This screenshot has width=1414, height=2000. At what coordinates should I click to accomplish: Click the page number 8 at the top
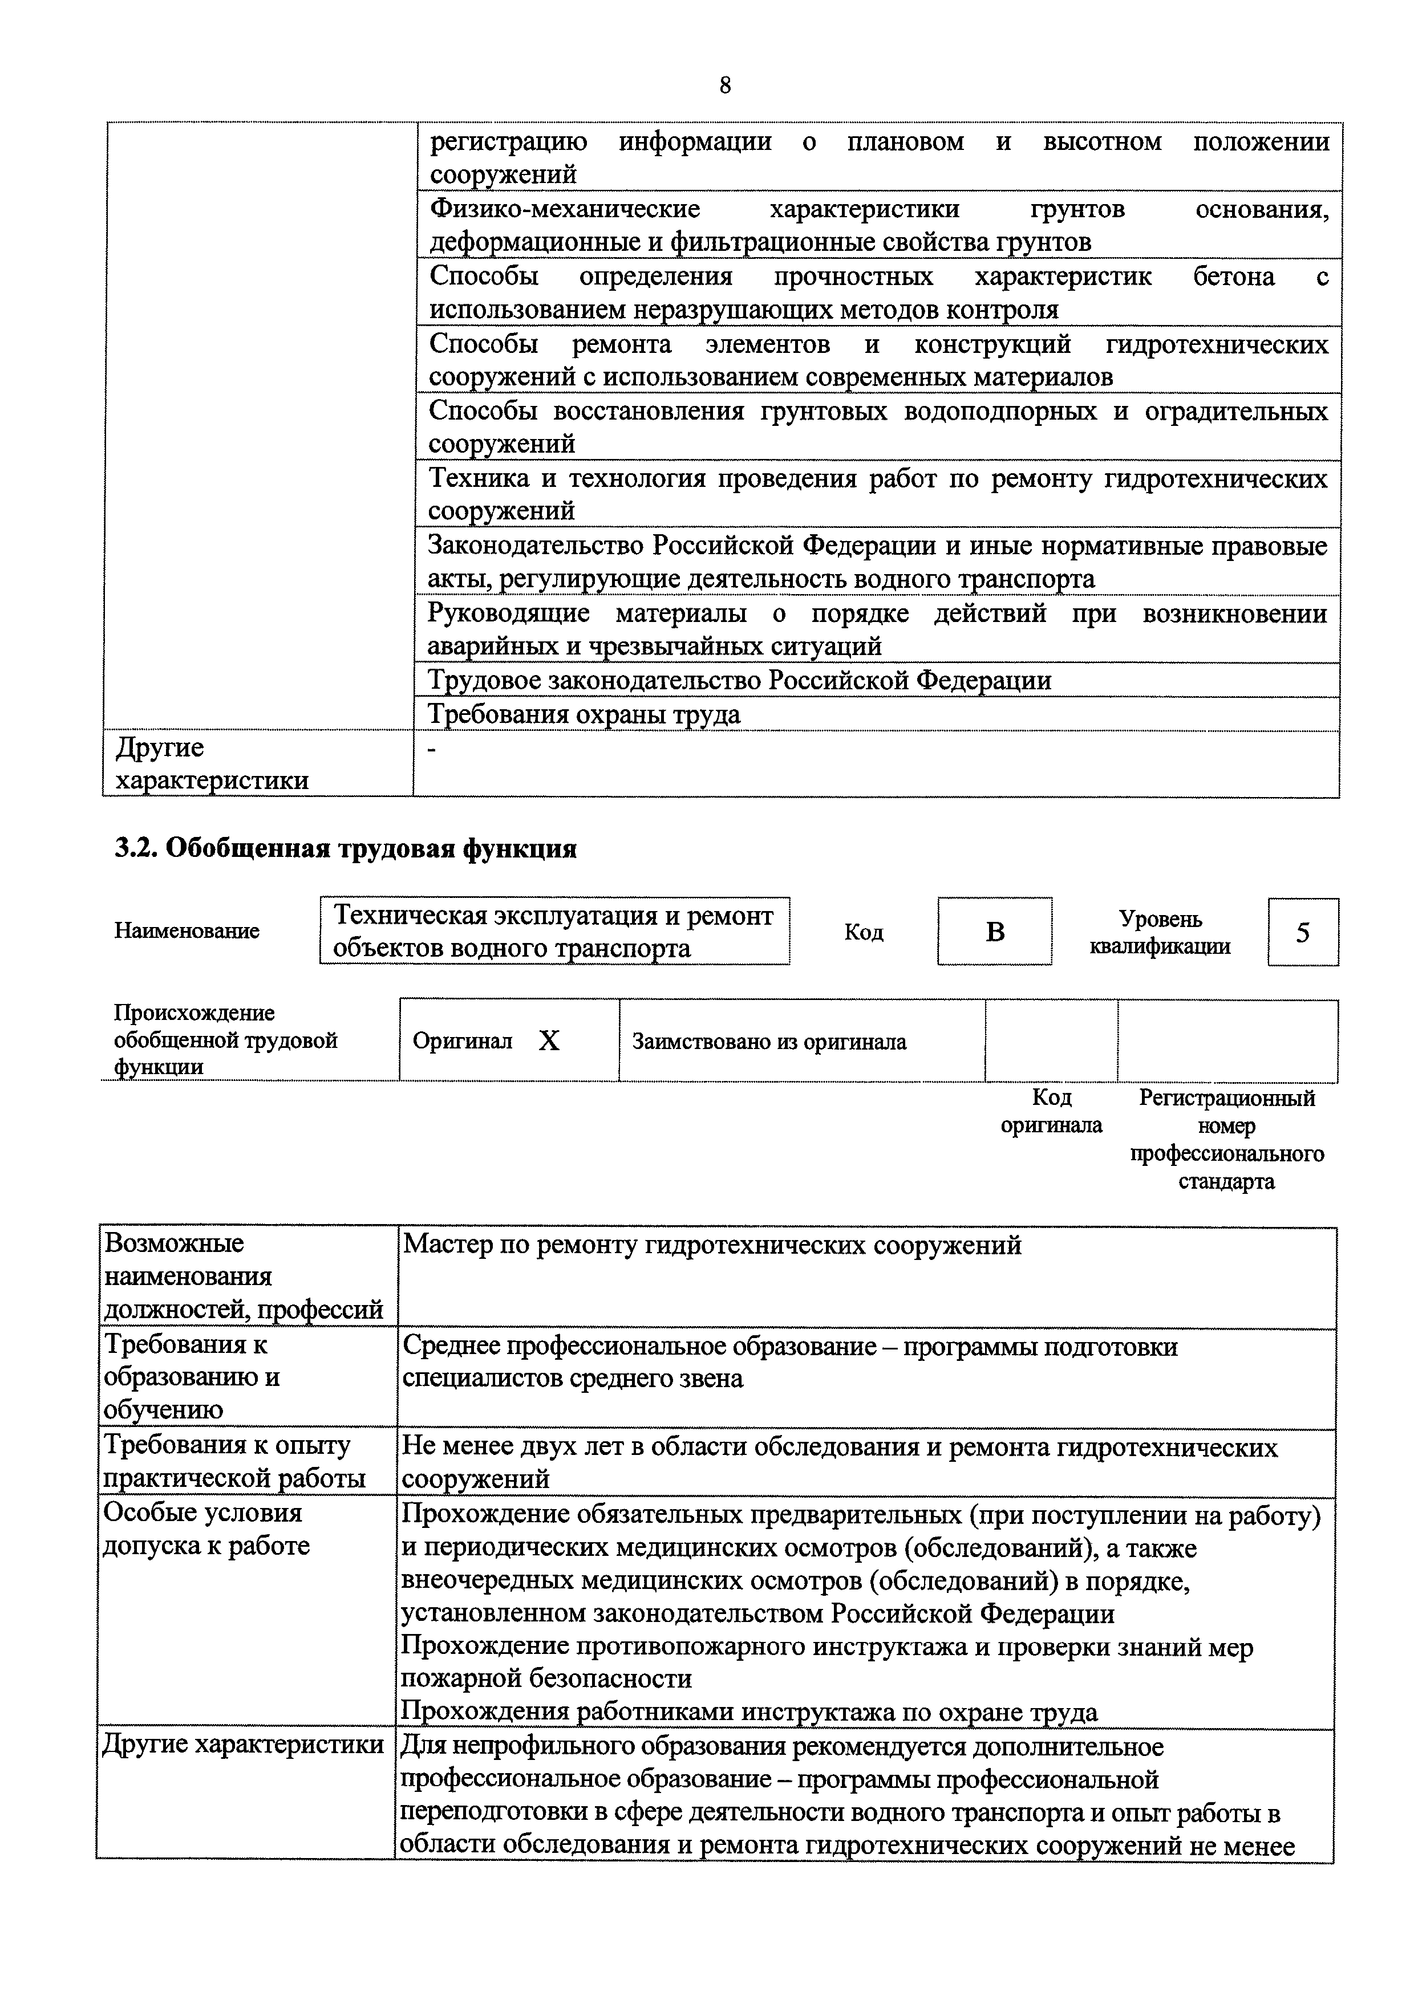pyautogui.click(x=725, y=86)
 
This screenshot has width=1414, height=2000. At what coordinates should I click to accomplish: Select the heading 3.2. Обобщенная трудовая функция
pyautogui.click(x=346, y=848)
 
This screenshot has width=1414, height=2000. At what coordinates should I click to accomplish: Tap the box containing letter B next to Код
pyautogui.click(x=994, y=931)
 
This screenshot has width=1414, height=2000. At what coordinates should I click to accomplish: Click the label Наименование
pyautogui.click(x=187, y=930)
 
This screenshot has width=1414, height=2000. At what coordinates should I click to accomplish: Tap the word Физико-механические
pyautogui.click(x=565, y=209)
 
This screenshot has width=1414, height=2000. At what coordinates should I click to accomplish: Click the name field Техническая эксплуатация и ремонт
pyautogui.click(x=554, y=930)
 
